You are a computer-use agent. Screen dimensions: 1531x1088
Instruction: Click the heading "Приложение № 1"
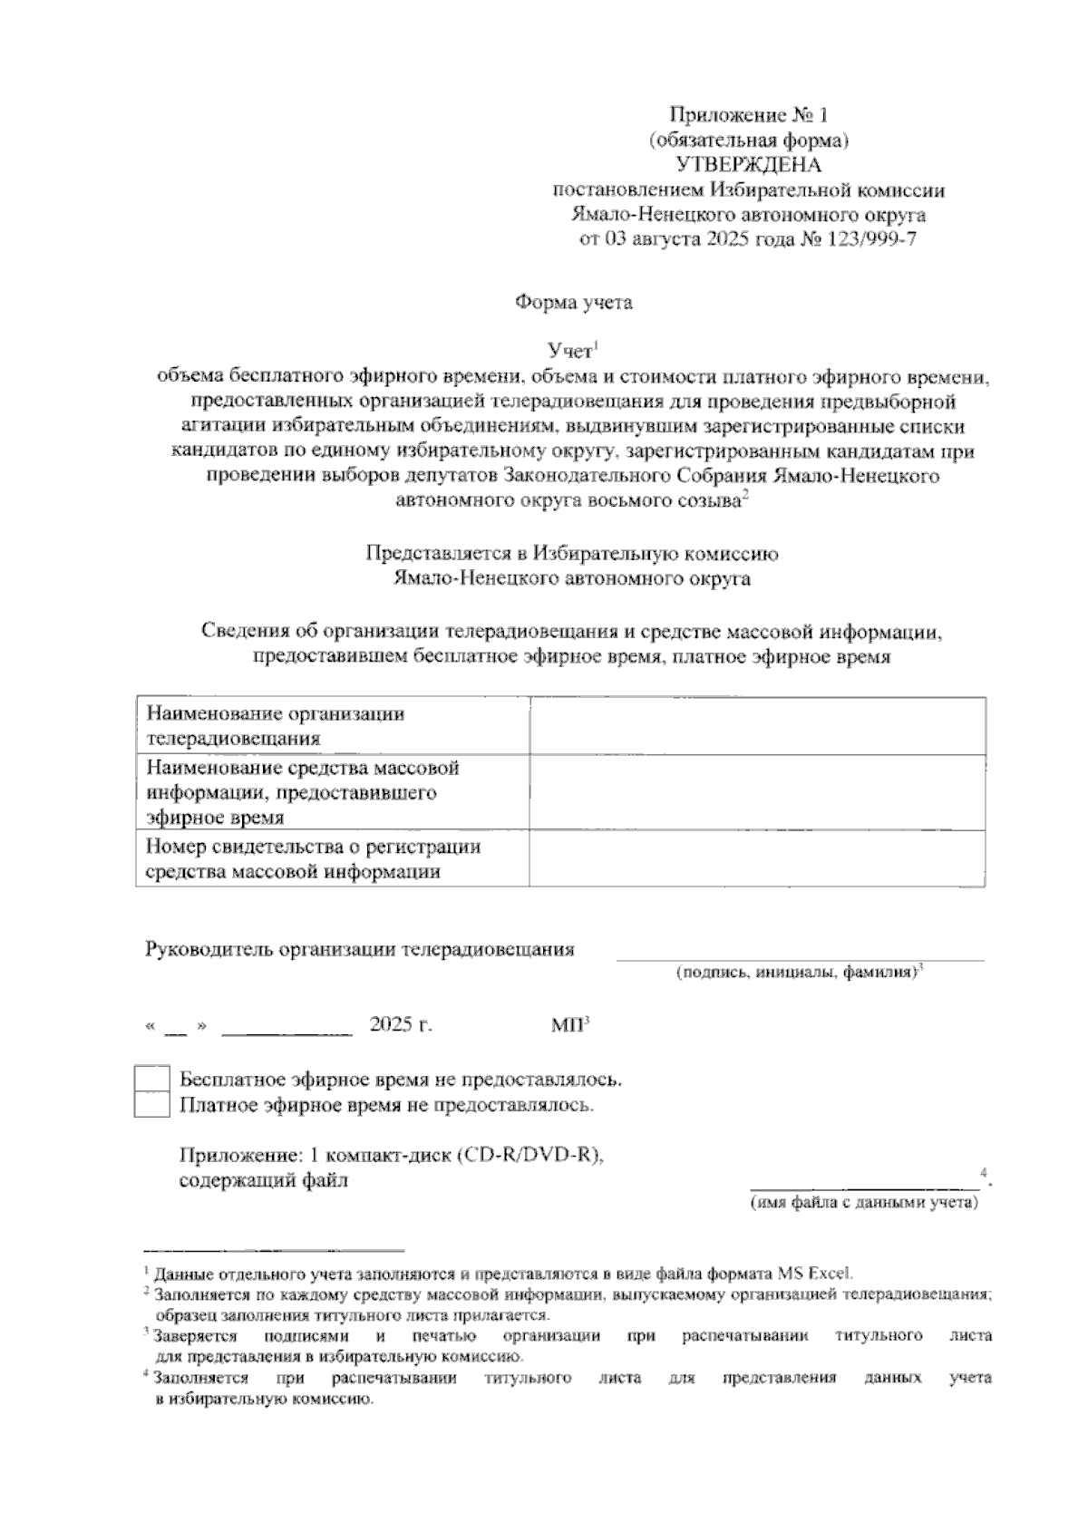coord(749,115)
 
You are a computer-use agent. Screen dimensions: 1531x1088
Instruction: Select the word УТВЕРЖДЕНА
coord(749,165)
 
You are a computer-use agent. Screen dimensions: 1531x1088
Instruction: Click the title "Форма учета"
coord(574,303)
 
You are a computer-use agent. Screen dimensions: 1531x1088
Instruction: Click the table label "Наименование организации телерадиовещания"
coord(276,725)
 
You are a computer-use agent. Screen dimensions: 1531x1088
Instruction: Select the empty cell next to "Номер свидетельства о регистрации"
coord(757,858)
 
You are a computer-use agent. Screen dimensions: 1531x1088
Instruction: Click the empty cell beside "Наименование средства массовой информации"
coord(757,792)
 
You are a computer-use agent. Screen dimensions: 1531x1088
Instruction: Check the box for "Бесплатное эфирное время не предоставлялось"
coord(151,1080)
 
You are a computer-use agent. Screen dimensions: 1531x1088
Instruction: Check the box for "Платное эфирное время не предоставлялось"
coord(151,1105)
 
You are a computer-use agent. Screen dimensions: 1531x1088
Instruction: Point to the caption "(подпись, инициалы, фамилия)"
coord(796,973)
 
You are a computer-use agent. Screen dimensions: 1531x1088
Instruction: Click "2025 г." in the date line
coord(401,1025)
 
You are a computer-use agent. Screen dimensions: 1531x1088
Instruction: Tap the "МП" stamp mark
coord(568,1025)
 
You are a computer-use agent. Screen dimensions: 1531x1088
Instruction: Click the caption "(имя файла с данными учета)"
coord(863,1203)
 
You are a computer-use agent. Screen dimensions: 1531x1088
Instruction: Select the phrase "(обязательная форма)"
coord(749,141)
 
